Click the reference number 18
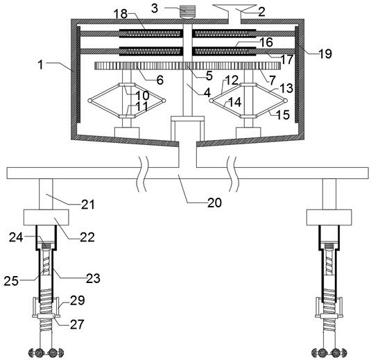[x=121, y=14]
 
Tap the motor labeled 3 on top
[x=188, y=12]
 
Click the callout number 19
[x=325, y=53]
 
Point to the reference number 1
[x=41, y=65]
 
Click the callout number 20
[x=214, y=203]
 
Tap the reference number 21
[x=88, y=204]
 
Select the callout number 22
[x=87, y=237]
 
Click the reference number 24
[x=16, y=237]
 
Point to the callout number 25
[x=11, y=281]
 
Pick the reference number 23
[x=93, y=278]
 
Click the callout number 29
[x=78, y=300]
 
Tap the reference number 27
[x=77, y=324]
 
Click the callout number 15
[x=283, y=114]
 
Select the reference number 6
[x=160, y=80]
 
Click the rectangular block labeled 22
[x=46, y=217]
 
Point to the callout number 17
[x=287, y=60]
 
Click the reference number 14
[x=234, y=102]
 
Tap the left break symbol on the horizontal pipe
[x=142, y=173]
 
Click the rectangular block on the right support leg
[x=329, y=217]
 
